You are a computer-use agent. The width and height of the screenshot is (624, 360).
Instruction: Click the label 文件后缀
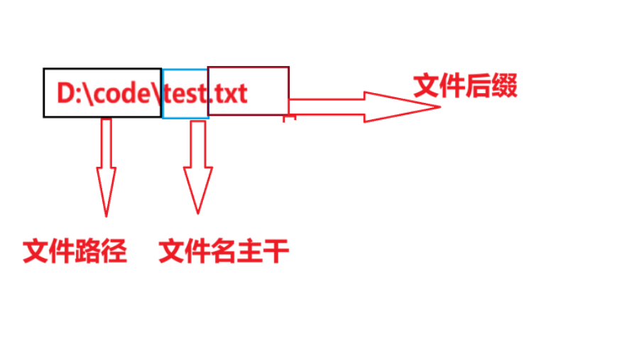tap(465, 87)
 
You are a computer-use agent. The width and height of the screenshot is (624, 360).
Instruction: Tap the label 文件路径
tap(75, 251)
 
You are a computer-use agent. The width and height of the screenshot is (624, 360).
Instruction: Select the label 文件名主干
tap(224, 251)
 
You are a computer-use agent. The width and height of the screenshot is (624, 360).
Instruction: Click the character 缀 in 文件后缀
tap(505, 87)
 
